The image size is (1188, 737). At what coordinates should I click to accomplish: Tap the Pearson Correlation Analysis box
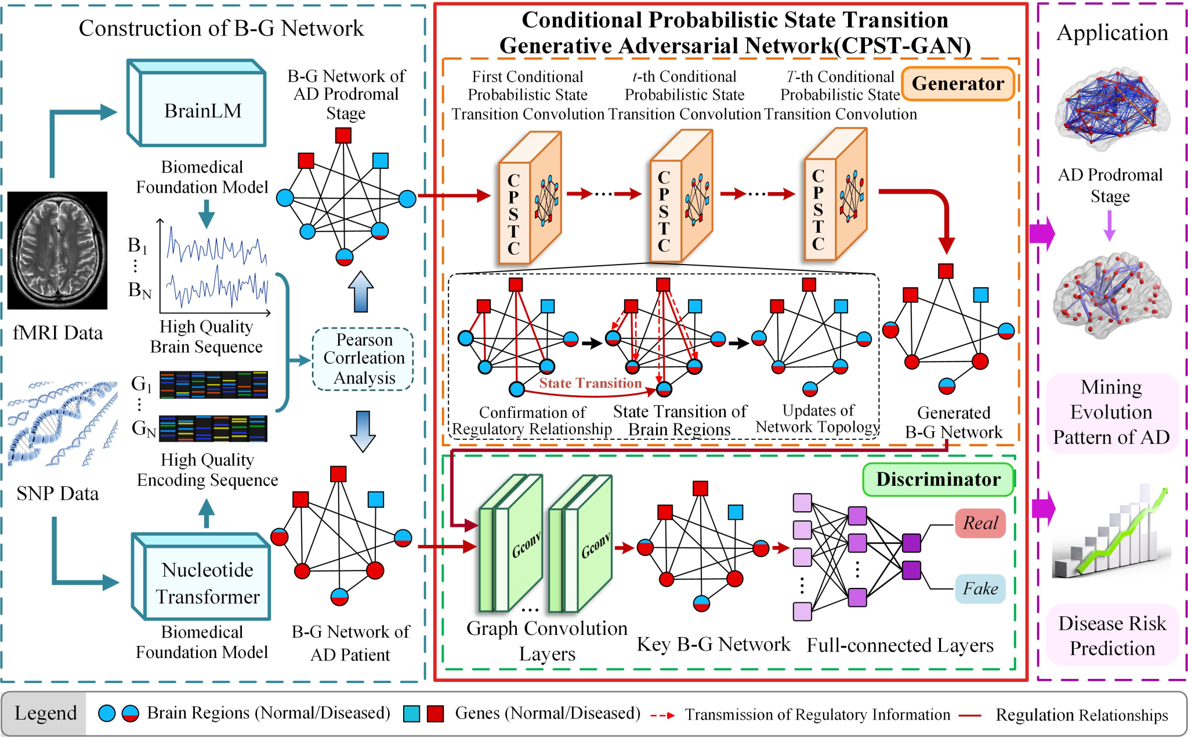(363, 359)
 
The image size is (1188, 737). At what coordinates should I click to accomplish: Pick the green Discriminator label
(937, 479)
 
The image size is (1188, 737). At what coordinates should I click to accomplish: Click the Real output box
(980, 523)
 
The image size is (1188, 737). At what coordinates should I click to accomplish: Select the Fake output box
(980, 588)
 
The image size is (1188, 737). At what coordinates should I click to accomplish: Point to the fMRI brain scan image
(57, 250)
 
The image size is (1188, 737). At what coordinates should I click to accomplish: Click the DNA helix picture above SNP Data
(62, 424)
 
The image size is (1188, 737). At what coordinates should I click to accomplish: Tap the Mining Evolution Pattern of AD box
(1111, 412)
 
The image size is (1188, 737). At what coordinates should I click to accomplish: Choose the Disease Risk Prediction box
(1111, 635)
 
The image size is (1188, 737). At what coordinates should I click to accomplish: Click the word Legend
(45, 713)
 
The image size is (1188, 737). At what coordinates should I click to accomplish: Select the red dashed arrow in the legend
(662, 715)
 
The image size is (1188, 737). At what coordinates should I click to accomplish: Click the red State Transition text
(590, 383)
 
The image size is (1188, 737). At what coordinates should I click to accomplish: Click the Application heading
(1112, 32)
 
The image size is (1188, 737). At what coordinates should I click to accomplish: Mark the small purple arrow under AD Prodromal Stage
(1109, 225)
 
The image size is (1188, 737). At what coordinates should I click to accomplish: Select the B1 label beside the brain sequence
(137, 245)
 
